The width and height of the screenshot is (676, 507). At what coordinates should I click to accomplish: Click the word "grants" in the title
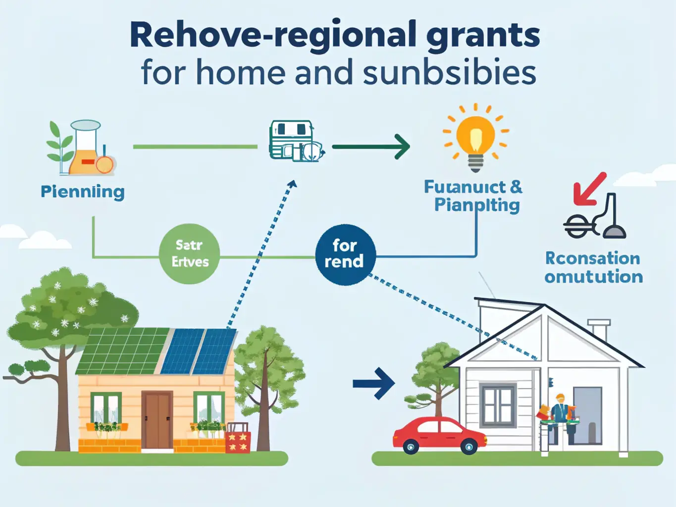(483, 36)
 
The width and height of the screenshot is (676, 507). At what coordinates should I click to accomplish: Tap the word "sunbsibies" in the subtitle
(450, 73)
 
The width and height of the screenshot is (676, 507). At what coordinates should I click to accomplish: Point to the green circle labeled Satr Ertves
(190, 253)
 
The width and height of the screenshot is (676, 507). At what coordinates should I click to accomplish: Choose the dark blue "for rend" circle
(345, 254)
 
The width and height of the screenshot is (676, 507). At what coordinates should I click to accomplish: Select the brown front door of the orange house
(157, 420)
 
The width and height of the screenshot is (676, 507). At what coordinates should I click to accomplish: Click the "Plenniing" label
(83, 192)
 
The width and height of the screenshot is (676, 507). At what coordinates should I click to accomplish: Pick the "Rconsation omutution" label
(593, 267)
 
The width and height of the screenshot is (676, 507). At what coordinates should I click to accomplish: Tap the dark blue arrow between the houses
(374, 383)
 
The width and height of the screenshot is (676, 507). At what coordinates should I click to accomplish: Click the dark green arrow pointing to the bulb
(371, 147)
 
